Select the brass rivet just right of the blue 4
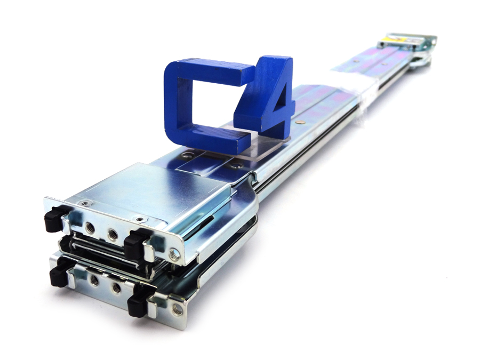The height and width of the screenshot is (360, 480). [x=303, y=122]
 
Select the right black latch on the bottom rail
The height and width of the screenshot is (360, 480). [x=138, y=303]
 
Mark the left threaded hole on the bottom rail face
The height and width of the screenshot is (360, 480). [x=94, y=281]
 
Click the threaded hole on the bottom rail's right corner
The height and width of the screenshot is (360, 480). [x=177, y=308]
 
